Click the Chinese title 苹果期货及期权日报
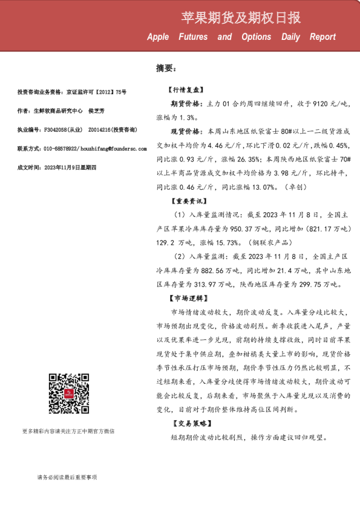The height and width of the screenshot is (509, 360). tap(241, 18)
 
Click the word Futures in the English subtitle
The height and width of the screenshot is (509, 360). tap(193, 37)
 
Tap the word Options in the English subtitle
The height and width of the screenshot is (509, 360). tap(256, 37)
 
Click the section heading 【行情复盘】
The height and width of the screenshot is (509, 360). tap(185, 89)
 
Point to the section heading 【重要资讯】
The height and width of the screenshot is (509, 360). tap(185, 201)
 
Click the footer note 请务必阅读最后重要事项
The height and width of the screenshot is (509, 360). tap(67, 478)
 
